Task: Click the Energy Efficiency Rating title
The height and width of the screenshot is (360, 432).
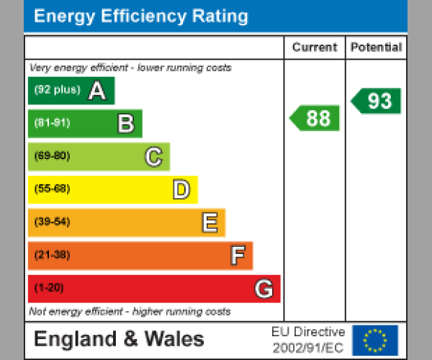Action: click(x=141, y=17)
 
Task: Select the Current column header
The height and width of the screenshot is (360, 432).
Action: click(x=315, y=48)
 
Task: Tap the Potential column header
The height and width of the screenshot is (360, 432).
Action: click(x=376, y=48)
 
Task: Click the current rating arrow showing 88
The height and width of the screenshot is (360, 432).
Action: click(x=315, y=118)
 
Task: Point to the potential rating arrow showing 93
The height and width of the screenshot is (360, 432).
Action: click(x=377, y=101)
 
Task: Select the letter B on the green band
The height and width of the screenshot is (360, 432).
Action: click(x=125, y=124)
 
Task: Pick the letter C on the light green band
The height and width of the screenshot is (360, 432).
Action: click(x=153, y=156)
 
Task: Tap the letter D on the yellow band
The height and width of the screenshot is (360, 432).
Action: click(x=181, y=189)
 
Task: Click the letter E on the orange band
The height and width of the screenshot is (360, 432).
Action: click(x=209, y=222)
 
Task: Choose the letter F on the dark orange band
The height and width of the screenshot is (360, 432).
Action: click(x=237, y=256)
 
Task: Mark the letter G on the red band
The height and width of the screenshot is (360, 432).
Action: click(x=264, y=289)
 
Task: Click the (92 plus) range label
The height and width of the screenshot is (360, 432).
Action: click(x=57, y=90)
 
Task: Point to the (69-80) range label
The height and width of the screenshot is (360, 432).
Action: click(x=52, y=156)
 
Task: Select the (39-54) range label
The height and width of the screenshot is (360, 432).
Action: click(x=52, y=222)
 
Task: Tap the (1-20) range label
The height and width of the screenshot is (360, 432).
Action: click(x=49, y=288)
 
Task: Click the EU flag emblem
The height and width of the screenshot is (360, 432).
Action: click(x=374, y=340)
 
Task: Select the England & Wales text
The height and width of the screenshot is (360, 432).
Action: click(x=119, y=340)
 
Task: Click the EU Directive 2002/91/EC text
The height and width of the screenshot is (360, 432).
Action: click(x=308, y=340)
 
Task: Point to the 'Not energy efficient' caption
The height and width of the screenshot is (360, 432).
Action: click(x=130, y=312)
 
